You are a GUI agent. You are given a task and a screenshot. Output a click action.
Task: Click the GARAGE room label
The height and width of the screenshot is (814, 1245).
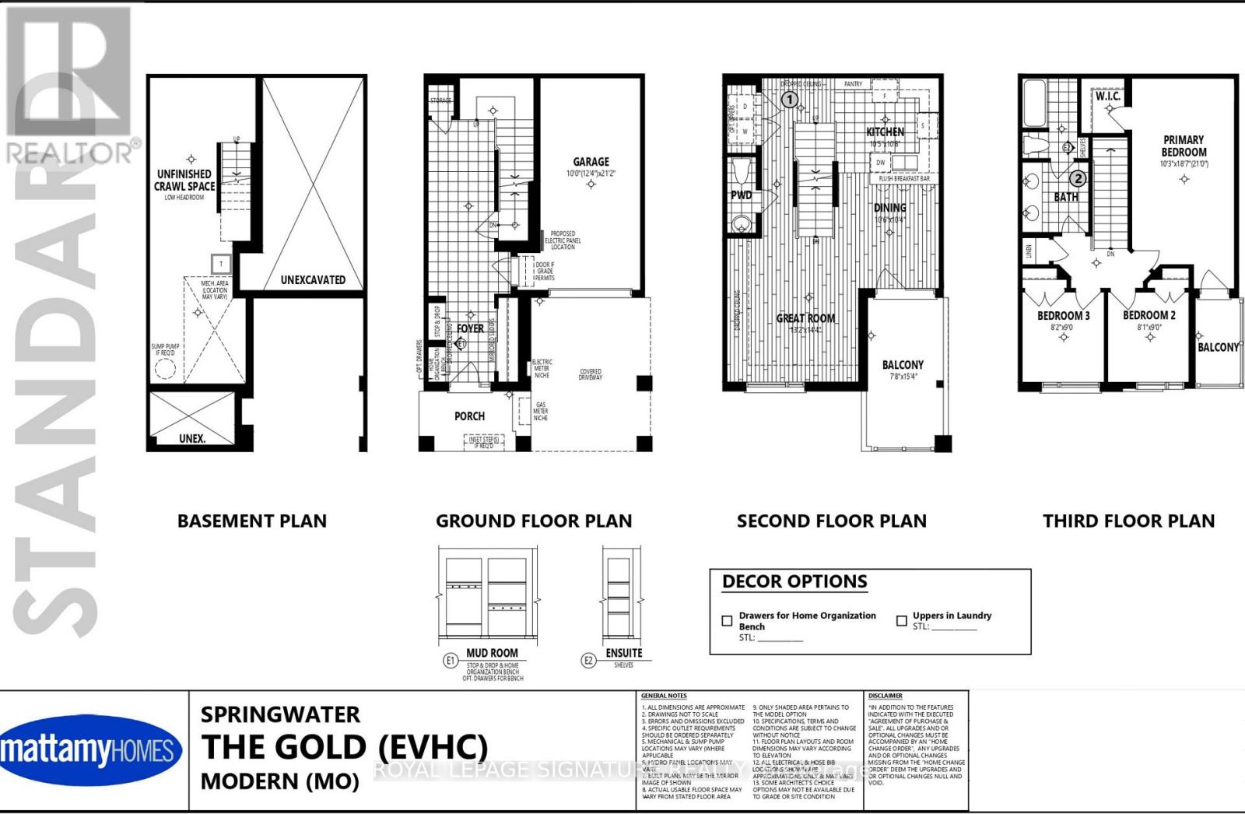[x=591, y=162]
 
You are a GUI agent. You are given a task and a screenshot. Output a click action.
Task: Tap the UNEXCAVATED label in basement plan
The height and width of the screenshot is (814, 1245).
[x=313, y=279]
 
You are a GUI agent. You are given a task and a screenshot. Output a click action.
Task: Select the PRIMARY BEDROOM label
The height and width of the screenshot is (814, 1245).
[x=1184, y=146]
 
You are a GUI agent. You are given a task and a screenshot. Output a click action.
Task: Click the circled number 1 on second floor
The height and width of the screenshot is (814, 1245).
[x=789, y=100]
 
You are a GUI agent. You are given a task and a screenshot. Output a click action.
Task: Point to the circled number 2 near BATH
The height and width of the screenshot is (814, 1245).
[x=1077, y=178]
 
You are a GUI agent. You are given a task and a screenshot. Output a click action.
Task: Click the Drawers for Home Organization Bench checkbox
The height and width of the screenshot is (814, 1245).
[x=727, y=621]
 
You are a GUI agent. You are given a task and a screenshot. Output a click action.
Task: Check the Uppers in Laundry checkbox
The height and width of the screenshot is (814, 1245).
[x=901, y=621]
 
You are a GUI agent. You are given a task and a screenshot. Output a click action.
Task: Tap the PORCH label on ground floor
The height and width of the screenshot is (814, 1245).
[x=469, y=416]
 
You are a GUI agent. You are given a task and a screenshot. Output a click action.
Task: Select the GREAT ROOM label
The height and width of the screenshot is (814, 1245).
[x=805, y=318]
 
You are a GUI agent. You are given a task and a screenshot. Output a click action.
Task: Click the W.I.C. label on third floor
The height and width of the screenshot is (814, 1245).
[x=1108, y=96]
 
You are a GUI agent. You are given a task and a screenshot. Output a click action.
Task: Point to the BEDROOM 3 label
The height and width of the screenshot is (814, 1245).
[x=1063, y=316]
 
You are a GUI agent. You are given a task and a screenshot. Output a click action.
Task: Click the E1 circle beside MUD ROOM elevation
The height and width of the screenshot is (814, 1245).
[x=450, y=661]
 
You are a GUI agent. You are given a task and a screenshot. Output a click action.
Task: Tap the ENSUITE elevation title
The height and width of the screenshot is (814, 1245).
[x=624, y=653]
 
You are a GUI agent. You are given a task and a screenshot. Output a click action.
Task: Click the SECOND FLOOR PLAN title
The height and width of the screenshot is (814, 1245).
[x=831, y=521]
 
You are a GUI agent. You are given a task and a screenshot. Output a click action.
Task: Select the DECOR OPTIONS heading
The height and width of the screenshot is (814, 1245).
[x=794, y=582]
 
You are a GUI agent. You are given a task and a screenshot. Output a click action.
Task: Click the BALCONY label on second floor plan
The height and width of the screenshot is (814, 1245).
[x=903, y=365]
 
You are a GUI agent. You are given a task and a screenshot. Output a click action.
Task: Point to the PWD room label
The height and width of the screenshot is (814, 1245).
[x=741, y=195]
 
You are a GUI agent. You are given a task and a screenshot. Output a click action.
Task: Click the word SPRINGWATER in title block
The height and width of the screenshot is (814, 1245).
[x=280, y=714]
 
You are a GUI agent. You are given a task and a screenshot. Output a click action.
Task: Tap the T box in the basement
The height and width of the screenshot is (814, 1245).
[x=221, y=264]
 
